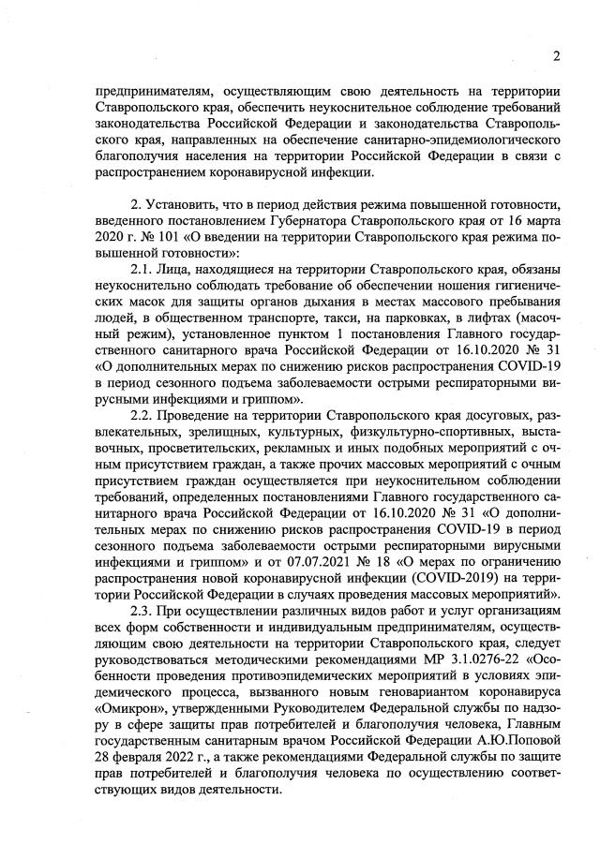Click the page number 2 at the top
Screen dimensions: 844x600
[x=557, y=55]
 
